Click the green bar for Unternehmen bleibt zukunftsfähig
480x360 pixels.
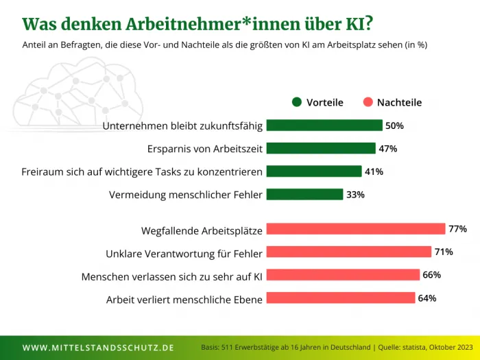click(324, 125)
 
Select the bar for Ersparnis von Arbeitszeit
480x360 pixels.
click(320, 148)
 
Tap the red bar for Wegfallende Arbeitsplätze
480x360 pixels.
click(355, 228)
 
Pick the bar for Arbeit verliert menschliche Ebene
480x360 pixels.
click(340, 298)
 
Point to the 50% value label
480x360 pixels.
click(394, 126)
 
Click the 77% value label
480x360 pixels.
click(458, 228)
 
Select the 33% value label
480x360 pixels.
click(355, 195)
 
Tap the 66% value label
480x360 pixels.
click(431, 275)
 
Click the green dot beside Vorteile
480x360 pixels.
click(297, 102)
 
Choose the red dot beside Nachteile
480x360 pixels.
click(368, 102)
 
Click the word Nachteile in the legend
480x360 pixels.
click(399, 102)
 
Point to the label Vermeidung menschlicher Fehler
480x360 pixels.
click(185, 195)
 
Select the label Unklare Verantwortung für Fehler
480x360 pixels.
click(184, 254)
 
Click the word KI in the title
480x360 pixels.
click(355, 24)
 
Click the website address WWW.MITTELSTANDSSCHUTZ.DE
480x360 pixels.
click(98, 348)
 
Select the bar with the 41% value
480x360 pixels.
click(313, 171)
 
